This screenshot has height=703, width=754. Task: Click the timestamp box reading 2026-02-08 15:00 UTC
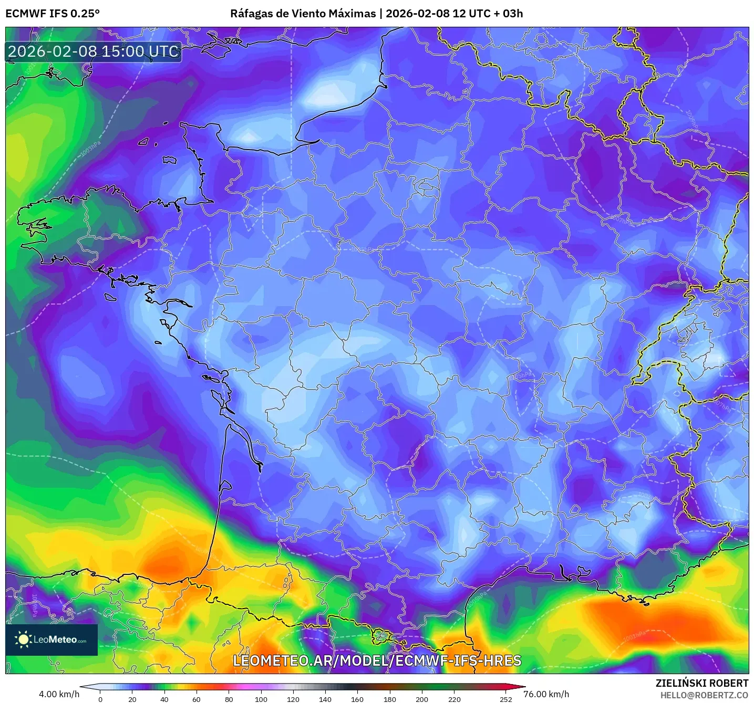pyautogui.click(x=94, y=51)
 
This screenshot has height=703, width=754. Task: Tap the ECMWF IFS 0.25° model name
pyautogui.click(x=53, y=14)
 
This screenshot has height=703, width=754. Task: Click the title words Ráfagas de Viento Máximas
pyautogui.click(x=303, y=14)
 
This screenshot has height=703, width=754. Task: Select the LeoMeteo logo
pyautogui.click(x=51, y=639)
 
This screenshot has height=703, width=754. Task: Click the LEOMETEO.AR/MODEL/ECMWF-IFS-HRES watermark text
pyautogui.click(x=377, y=660)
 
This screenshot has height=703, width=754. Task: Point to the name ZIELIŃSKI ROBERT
pyautogui.click(x=701, y=683)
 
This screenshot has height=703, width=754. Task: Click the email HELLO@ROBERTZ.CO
pyautogui.click(x=704, y=695)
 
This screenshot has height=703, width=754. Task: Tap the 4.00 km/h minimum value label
pyautogui.click(x=59, y=694)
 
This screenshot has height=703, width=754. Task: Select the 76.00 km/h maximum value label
pyautogui.click(x=546, y=694)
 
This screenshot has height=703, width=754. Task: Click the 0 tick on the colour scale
pyautogui.click(x=100, y=699)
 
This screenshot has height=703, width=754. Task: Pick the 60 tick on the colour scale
pyautogui.click(x=197, y=699)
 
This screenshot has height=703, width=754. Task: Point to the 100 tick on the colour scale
pyautogui.click(x=261, y=699)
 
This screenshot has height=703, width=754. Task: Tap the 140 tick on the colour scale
pyautogui.click(x=325, y=699)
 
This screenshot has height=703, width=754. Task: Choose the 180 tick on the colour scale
pyautogui.click(x=389, y=699)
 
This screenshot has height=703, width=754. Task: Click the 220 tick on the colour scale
pyautogui.click(x=454, y=699)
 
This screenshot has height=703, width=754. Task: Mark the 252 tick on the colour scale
pyautogui.click(x=505, y=699)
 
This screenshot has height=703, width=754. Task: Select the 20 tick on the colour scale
pyautogui.click(x=132, y=699)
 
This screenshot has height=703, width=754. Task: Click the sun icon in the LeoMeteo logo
pyautogui.click(x=23, y=639)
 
